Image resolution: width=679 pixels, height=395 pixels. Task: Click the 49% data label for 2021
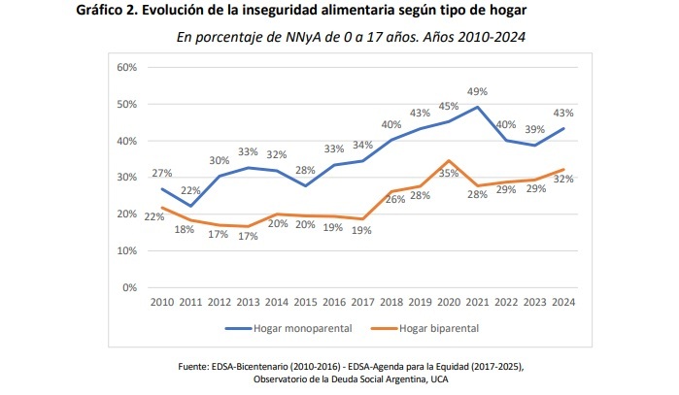pyautogui.click(x=477, y=91)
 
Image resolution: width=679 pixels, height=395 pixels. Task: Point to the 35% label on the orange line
pyautogui.click(x=450, y=173)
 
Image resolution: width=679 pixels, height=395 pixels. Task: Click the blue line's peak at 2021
pyautogui.click(x=476, y=108)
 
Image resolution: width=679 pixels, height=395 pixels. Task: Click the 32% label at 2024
pyautogui.click(x=562, y=179)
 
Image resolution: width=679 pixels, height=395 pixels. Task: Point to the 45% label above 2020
pyautogui.click(x=448, y=107)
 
